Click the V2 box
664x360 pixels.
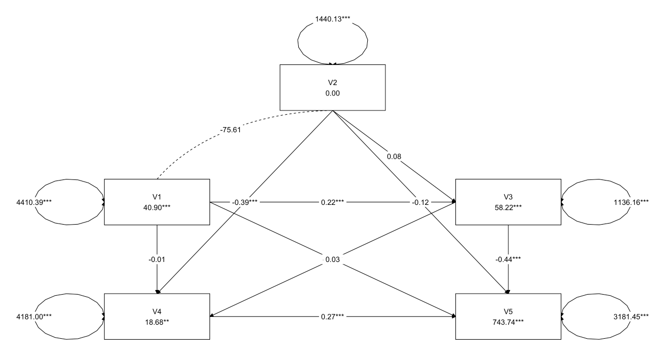click(x=332, y=87)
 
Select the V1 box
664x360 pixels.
click(x=157, y=202)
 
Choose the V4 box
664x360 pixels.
click(x=157, y=316)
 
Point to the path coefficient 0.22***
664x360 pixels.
click(x=332, y=202)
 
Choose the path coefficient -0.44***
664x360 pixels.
click(x=507, y=259)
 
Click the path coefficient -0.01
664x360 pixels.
click(x=157, y=259)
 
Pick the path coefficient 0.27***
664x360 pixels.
click(x=332, y=316)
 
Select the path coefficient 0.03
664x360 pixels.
click(x=332, y=259)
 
